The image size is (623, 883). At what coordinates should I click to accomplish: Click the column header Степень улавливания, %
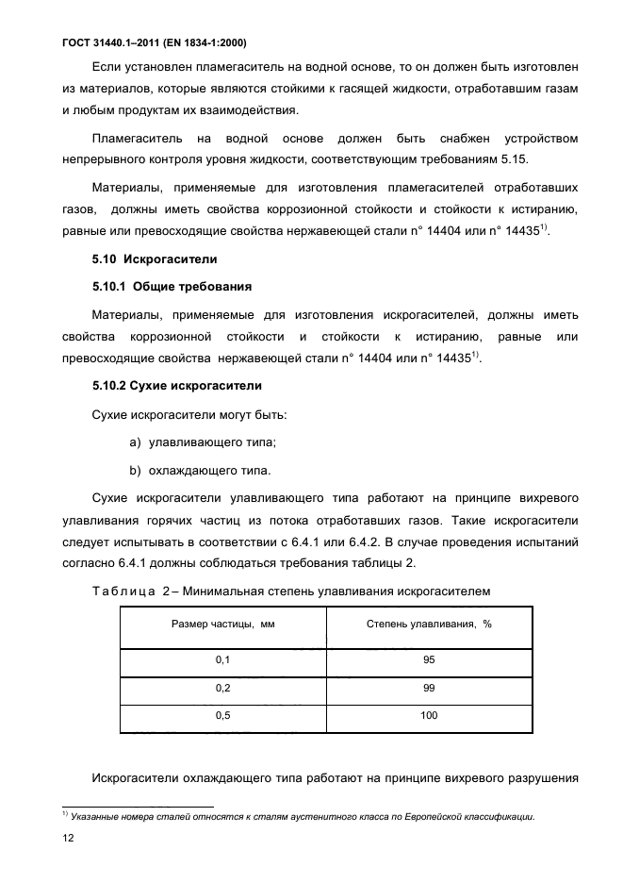coord(429,626)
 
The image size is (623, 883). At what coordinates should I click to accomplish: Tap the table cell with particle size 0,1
coord(222,661)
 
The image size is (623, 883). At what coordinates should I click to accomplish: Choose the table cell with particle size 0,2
coord(222,689)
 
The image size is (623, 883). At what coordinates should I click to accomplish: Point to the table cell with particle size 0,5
coord(222,716)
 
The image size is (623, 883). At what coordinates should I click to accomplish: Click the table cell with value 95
coord(429,661)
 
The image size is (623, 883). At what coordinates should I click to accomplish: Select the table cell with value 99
coord(429,689)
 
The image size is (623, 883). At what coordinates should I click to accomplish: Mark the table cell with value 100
coord(429,716)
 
